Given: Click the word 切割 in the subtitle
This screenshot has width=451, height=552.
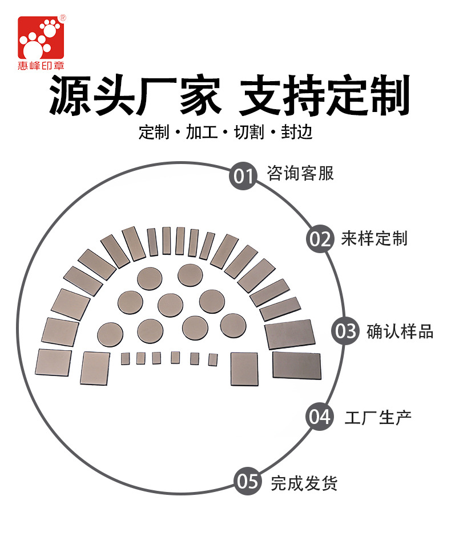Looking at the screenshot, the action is (249, 133).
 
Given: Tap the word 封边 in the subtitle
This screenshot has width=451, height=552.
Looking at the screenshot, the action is (297, 133).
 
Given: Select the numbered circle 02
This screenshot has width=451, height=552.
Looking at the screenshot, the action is (320, 239).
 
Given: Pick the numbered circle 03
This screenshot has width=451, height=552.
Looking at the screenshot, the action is (345, 331).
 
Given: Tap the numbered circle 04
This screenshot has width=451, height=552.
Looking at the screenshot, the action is (320, 417).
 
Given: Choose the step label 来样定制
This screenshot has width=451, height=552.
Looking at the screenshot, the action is (374, 238).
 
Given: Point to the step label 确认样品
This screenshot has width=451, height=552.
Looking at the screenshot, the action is (400, 331).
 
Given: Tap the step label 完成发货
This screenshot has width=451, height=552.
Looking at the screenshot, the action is (304, 483).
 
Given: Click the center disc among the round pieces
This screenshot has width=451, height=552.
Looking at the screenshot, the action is (170, 305).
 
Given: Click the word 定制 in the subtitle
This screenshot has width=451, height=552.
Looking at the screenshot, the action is (154, 133).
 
